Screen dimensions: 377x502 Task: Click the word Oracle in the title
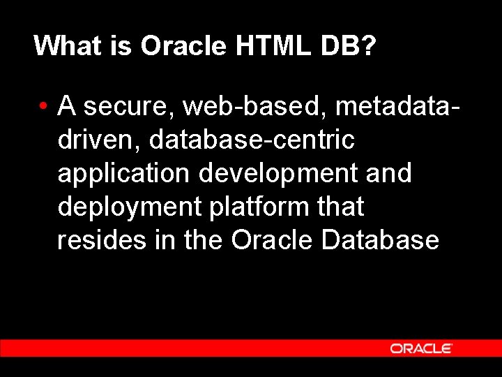183,46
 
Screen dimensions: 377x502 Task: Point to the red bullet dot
43,107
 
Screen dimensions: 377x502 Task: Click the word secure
130,106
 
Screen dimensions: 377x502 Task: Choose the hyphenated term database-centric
252,140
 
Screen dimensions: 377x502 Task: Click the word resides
101,240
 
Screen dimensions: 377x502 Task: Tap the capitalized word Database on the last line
381,240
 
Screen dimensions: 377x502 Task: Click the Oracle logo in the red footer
421,348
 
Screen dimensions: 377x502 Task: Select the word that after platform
340,207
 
